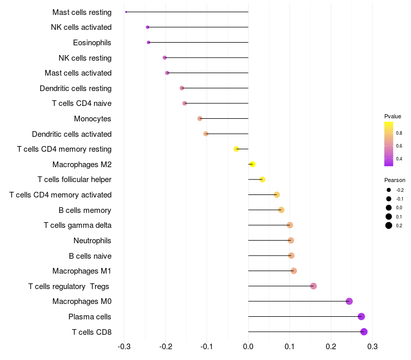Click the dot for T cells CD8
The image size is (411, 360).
coord(364,332)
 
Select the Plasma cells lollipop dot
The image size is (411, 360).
coord(361,317)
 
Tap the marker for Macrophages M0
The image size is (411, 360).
coord(349,301)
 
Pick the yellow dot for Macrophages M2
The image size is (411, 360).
coord(252,165)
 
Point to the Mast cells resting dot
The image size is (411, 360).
coord(126,12)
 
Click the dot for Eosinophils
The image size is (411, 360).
coord(148,42)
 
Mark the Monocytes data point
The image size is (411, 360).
coord(200,119)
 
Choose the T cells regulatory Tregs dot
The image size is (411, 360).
coord(313,286)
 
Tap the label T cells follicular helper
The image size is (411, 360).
coord(74,179)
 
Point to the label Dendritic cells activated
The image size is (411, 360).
coord(71,134)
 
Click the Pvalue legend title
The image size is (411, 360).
coord(393,116)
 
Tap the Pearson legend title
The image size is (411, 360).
coord(395,181)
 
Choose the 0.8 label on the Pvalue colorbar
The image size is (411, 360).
coord(399,133)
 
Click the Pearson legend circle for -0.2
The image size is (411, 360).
coord(389,190)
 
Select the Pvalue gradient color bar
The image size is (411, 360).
coord(389,144)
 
